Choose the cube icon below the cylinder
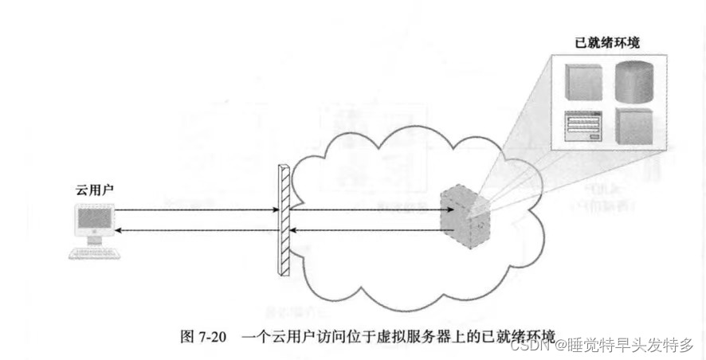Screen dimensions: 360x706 click(x=633, y=126)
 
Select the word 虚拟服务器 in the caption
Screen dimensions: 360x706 click(x=426, y=335)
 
